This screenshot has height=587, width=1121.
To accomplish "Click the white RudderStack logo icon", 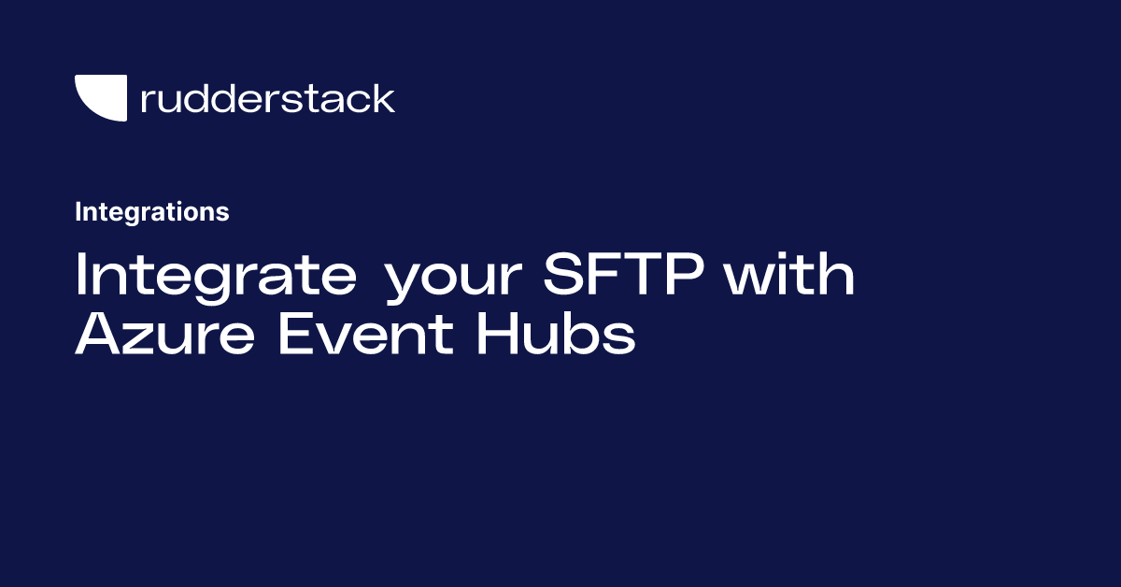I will (x=100, y=97).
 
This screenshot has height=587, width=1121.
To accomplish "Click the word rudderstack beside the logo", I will (x=267, y=98).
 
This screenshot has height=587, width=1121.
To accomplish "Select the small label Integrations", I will (x=151, y=212).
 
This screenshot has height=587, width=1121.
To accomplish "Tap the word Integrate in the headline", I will (x=215, y=277).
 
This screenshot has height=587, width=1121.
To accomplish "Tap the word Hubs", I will (x=556, y=334).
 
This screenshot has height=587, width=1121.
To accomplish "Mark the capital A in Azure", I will (x=98, y=334).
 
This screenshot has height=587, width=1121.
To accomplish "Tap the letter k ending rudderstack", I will (x=385, y=98).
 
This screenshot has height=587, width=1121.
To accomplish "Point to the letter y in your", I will (x=402, y=285).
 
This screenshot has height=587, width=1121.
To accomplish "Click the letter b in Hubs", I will (x=585, y=334).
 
